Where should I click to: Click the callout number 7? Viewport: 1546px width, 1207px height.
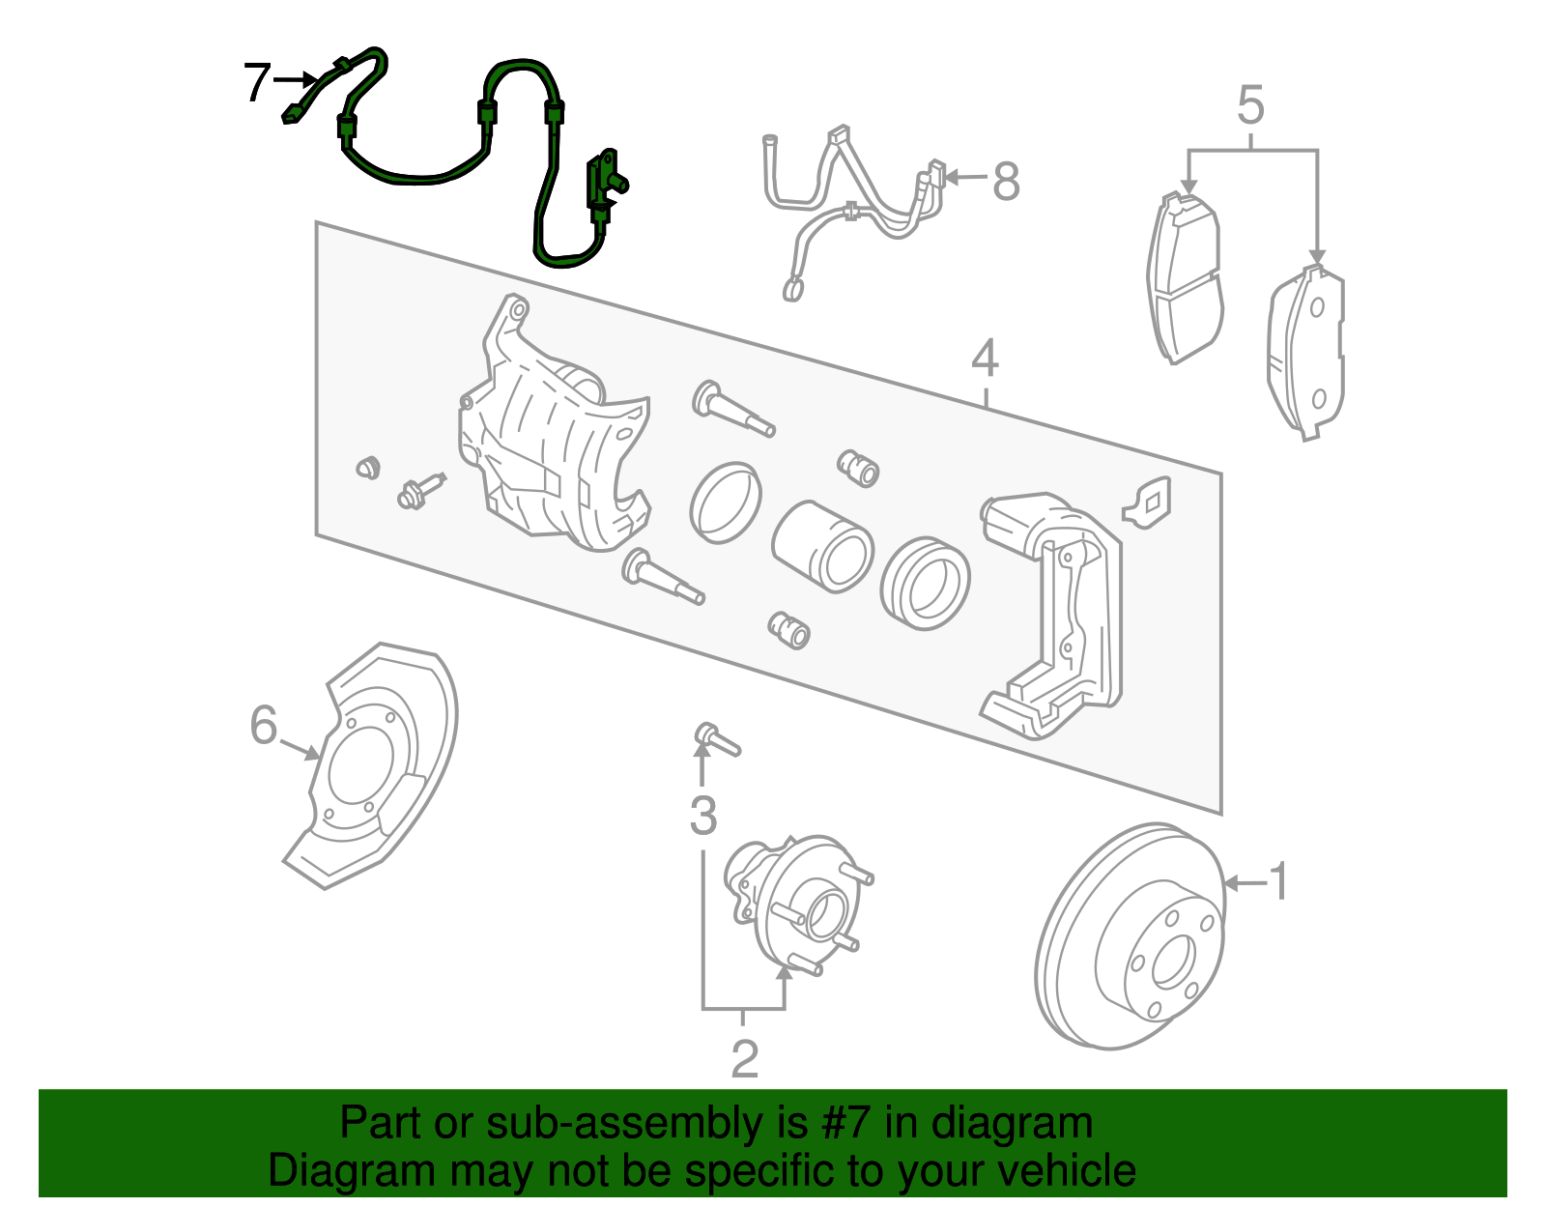pyautogui.click(x=256, y=82)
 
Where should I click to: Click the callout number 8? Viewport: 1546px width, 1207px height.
pyautogui.click(x=1006, y=181)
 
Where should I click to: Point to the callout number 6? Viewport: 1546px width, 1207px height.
pyautogui.click(x=263, y=725)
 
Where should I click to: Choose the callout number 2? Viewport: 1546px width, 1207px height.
pyautogui.click(x=744, y=1058)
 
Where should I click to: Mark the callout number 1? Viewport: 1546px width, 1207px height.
pyautogui.click(x=1278, y=881)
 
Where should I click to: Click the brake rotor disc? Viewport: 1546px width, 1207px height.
pyautogui.click(x=1131, y=937)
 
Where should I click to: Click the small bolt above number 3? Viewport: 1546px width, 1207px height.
pyautogui.click(x=715, y=739)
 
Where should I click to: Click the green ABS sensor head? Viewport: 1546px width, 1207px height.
pyautogui.click(x=603, y=184)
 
